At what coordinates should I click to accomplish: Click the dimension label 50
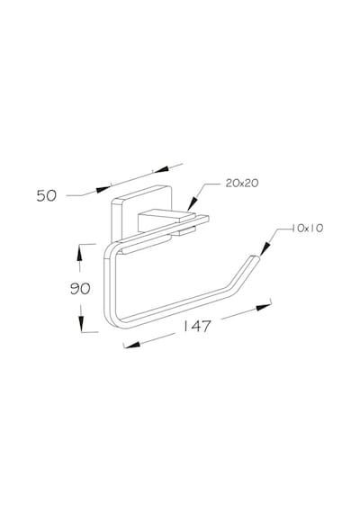pyautogui.click(x=47, y=195)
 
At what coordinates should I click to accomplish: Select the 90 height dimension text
pyautogui.click(x=80, y=289)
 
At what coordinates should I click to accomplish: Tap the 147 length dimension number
pyautogui.click(x=197, y=326)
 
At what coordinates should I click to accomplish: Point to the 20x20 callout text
pyautogui.click(x=242, y=184)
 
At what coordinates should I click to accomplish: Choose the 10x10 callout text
pyautogui.click(x=307, y=228)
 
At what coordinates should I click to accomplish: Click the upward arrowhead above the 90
pyautogui.click(x=79, y=253)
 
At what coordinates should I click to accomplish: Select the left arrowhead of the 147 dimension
pyautogui.click(x=132, y=345)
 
